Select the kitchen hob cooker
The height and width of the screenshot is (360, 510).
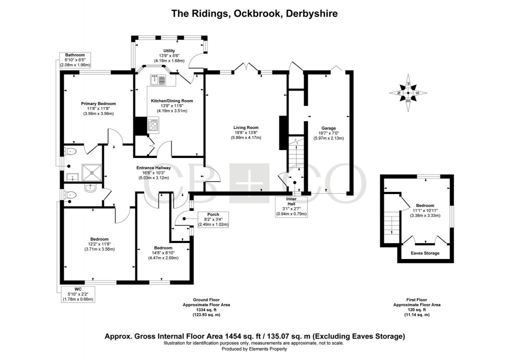click(152, 125)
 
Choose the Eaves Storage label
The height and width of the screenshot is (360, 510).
click(425, 253)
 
